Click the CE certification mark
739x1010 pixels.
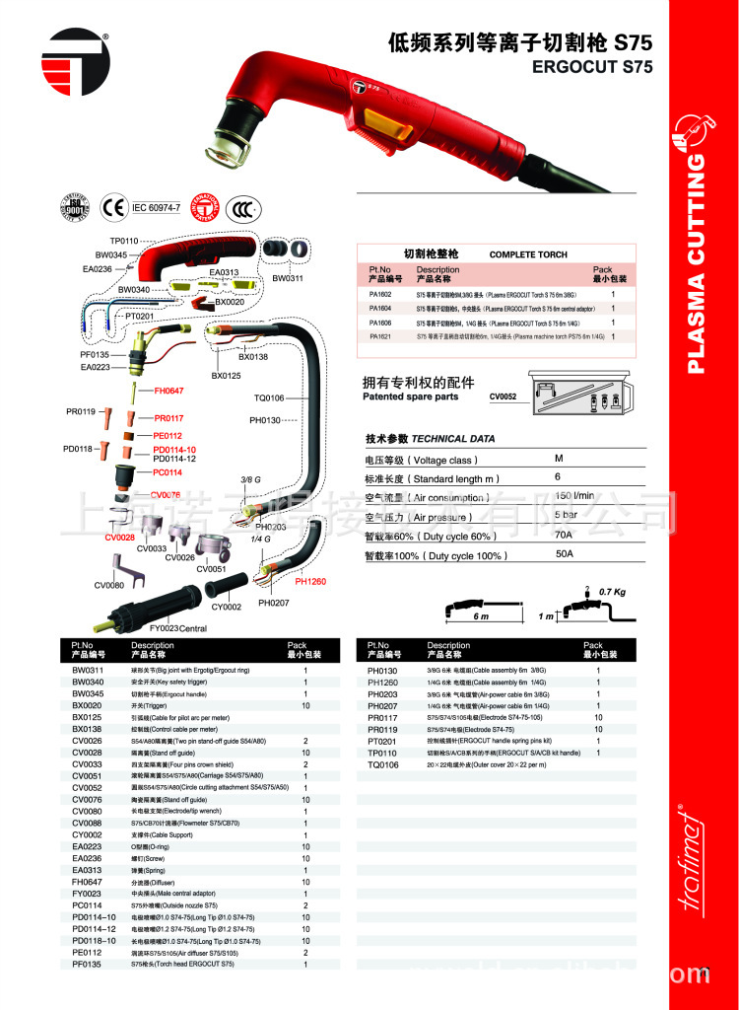pyautogui.click(x=112, y=208)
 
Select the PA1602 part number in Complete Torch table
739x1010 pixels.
pyautogui.click(x=379, y=294)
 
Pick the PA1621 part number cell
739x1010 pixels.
pyautogui.click(x=379, y=337)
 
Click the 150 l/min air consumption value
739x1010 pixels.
pyautogui.click(x=574, y=496)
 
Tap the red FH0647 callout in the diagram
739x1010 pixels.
pyautogui.click(x=168, y=392)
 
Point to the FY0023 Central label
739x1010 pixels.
pyautogui.click(x=178, y=627)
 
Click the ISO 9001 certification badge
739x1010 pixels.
pyautogui.click(x=76, y=208)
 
